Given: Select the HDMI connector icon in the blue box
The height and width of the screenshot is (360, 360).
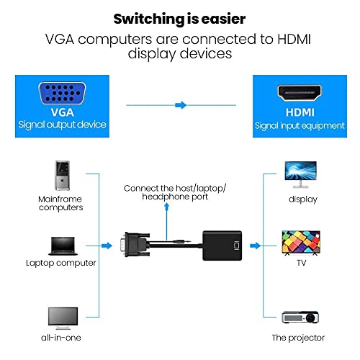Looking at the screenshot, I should pyautogui.click(x=299, y=94).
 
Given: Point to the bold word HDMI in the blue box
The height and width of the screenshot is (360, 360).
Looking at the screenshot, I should pyautogui.click(x=299, y=112).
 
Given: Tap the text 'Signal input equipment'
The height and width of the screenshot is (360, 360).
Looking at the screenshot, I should pyautogui.click(x=299, y=125).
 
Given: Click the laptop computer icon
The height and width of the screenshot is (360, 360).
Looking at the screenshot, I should pyautogui.click(x=60, y=246).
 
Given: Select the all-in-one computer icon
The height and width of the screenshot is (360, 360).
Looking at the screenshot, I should pyautogui.click(x=62, y=318).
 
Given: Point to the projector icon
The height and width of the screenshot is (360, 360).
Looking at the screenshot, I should pyautogui.click(x=298, y=317).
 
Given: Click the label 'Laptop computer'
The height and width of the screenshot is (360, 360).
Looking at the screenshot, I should pyautogui.click(x=60, y=263).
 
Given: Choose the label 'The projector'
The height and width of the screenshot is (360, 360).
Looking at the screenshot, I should pyautogui.click(x=298, y=338).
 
